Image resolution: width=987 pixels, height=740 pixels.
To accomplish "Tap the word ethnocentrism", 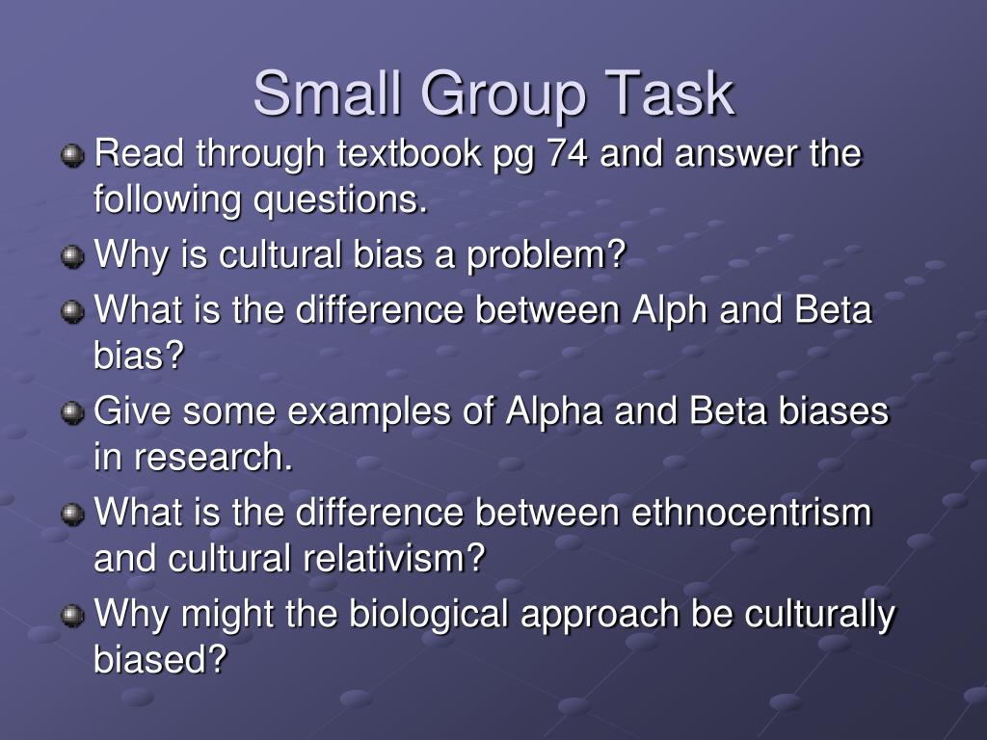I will click(751, 512).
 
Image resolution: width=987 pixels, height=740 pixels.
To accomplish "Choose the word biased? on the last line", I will click(160, 660).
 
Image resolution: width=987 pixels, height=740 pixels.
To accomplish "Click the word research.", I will click(213, 458).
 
